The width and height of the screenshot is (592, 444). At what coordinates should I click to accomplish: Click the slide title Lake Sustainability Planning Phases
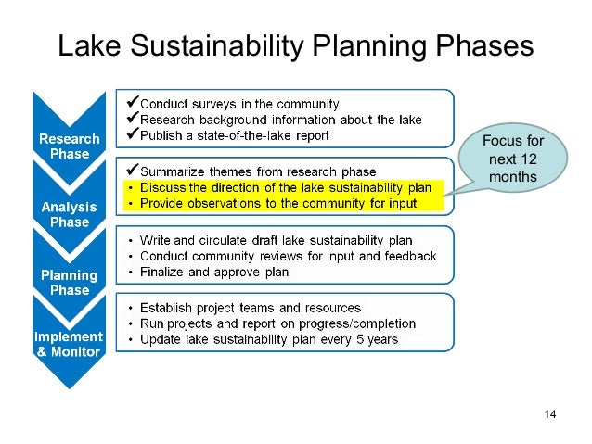pyautogui.click(x=295, y=46)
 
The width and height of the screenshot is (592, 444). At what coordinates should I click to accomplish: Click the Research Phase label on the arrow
pyautogui.click(x=63, y=146)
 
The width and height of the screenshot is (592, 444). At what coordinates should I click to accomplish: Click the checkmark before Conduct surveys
pyautogui.click(x=131, y=102)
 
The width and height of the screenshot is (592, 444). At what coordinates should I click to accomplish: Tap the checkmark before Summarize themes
pyautogui.click(x=131, y=171)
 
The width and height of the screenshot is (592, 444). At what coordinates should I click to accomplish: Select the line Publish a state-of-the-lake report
pyautogui.click(x=234, y=135)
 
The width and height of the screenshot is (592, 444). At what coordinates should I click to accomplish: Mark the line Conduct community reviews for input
pyautogui.click(x=288, y=256)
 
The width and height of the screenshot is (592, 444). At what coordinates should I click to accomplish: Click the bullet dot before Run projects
pyautogui.click(x=131, y=323)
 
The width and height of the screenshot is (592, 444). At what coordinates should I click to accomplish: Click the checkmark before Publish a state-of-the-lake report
pyautogui.click(x=131, y=135)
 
